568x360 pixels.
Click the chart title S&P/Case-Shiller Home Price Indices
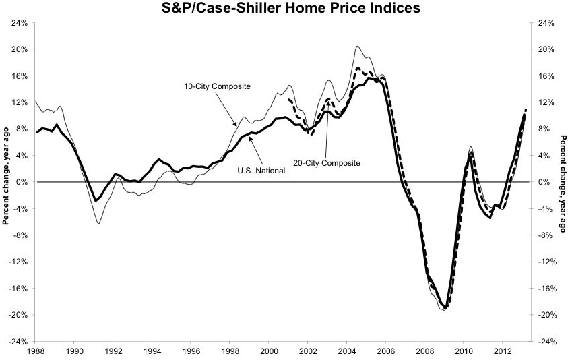click(x=283, y=9)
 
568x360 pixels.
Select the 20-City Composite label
click(x=327, y=162)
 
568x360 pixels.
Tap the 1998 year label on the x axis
click(x=230, y=351)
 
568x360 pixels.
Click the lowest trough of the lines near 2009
click(x=444, y=309)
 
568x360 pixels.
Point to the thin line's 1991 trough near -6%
click(x=99, y=223)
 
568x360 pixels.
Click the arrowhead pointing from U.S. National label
click(x=250, y=138)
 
